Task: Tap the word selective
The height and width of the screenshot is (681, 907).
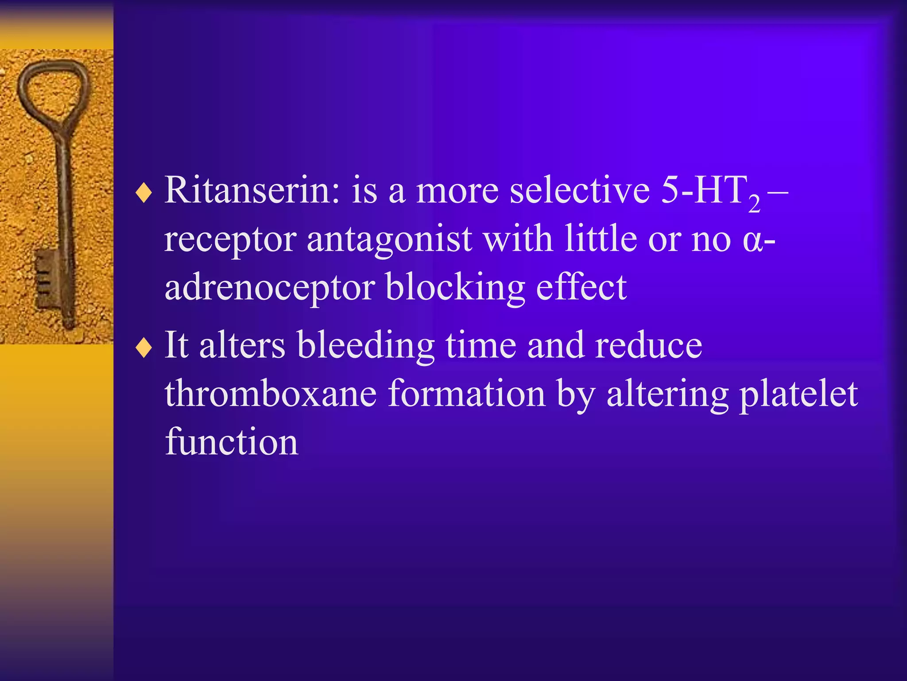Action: tap(580, 191)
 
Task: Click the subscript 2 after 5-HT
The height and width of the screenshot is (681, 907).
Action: tap(754, 204)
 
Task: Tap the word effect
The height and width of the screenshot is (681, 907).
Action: tap(581, 287)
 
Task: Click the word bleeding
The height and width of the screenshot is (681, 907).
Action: tap(366, 346)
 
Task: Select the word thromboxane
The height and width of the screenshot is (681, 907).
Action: tap(271, 394)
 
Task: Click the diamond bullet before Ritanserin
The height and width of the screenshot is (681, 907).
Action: tap(144, 194)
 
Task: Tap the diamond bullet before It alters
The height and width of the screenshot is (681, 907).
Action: tap(144, 348)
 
